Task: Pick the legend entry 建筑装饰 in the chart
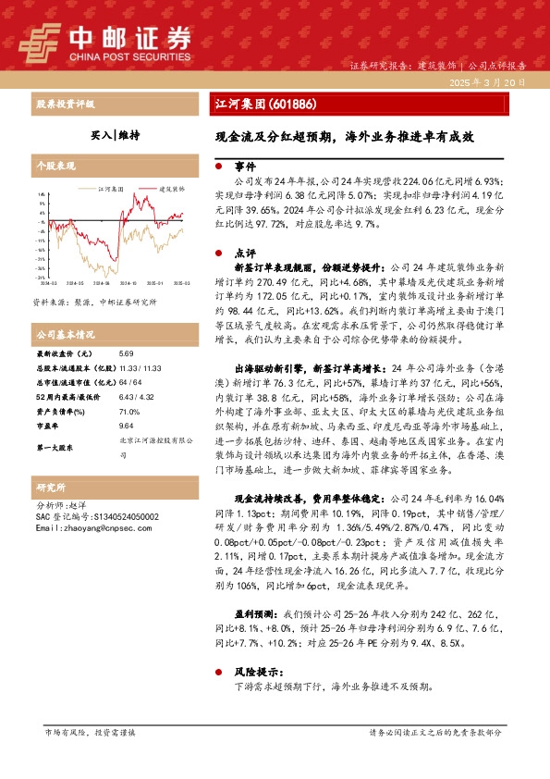[x=167, y=187]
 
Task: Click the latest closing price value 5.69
[x=127, y=353]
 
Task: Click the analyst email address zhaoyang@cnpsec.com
[x=82, y=528]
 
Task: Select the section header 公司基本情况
[x=66, y=333]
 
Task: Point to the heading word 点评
[x=244, y=252]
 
